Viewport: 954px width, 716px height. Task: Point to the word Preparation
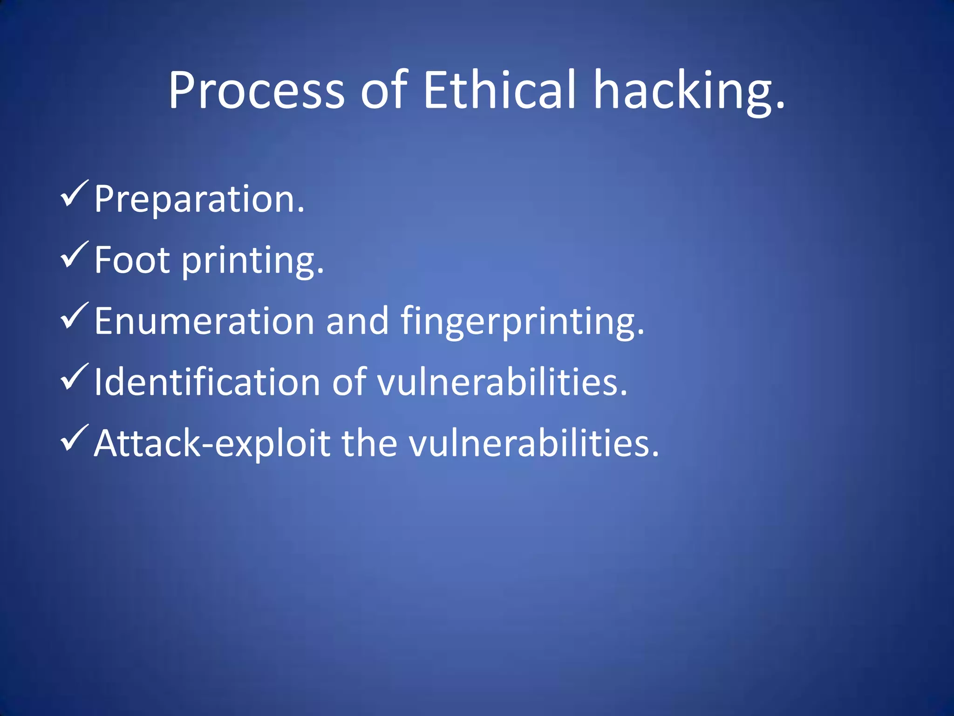[x=199, y=199]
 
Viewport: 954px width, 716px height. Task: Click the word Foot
[x=132, y=260]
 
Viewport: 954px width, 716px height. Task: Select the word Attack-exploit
[x=212, y=443]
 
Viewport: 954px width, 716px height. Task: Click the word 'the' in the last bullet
[x=369, y=443]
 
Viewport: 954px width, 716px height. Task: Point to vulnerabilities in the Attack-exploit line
[x=534, y=443]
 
